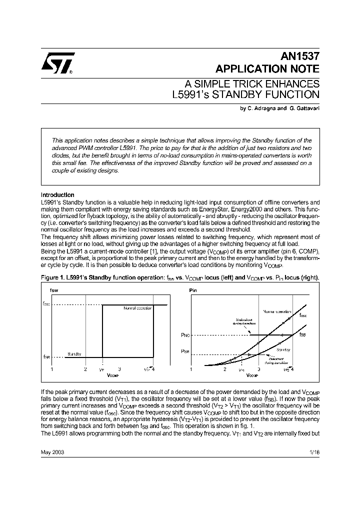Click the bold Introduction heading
pos(57,195)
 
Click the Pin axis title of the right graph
pos(192,289)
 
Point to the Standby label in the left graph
pos(74,354)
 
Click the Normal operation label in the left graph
pos(137,308)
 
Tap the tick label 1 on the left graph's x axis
pos(52,369)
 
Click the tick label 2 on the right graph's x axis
pos(224,369)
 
